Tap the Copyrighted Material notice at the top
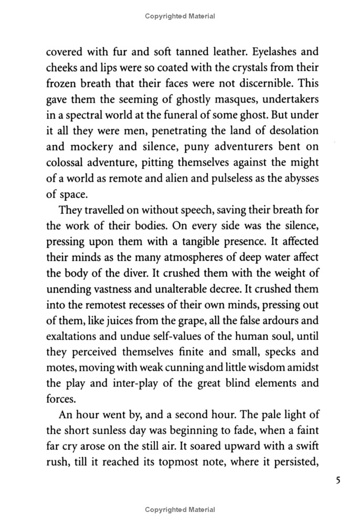pyautogui.click(x=180, y=16)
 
